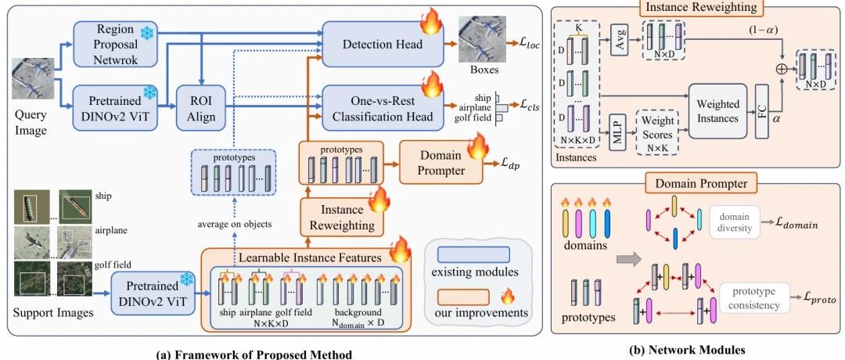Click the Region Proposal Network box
115,43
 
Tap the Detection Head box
382,44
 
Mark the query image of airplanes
34,78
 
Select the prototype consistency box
752,298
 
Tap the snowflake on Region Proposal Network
146,31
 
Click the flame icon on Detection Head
432,22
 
